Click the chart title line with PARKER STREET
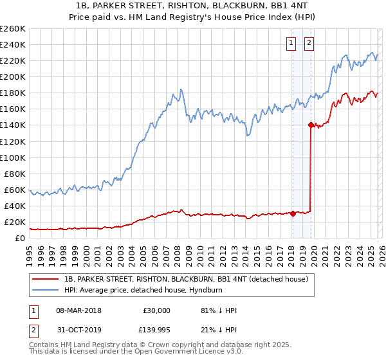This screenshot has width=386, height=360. click(x=192, y=6)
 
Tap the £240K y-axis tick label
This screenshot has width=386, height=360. click(x=13, y=44)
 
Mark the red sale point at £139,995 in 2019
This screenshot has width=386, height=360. click(x=311, y=125)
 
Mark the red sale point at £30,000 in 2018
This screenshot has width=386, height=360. click(x=293, y=213)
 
